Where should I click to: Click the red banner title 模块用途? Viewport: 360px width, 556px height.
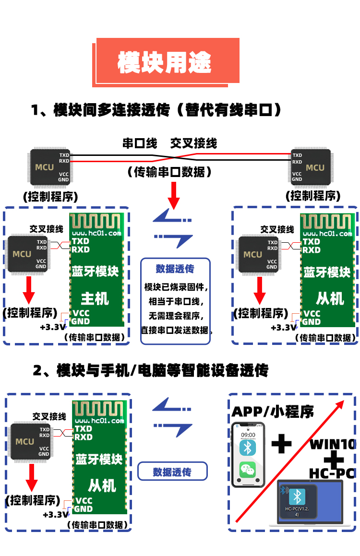[165, 62]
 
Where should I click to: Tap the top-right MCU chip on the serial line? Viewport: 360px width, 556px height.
[311, 167]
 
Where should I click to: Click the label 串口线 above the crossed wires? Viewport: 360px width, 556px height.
[140, 143]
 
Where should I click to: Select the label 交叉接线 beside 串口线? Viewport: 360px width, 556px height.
[193, 143]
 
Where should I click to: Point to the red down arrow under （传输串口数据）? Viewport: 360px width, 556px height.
[174, 195]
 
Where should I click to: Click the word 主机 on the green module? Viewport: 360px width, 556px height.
[95, 299]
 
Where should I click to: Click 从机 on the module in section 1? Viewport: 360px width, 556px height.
[330, 298]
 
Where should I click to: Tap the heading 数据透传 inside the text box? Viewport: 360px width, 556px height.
[175, 269]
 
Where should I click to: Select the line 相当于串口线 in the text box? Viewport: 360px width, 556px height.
[175, 302]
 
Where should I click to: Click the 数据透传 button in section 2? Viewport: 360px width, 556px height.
[172, 472]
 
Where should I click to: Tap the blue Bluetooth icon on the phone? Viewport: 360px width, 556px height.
[248, 449]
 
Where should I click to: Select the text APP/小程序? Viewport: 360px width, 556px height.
[273, 411]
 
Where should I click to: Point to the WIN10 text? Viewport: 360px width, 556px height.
[332, 444]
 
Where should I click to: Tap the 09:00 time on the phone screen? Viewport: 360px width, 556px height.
[248, 435]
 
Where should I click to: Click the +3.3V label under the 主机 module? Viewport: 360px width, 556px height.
[52, 327]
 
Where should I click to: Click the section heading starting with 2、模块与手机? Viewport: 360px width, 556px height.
[150, 370]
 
